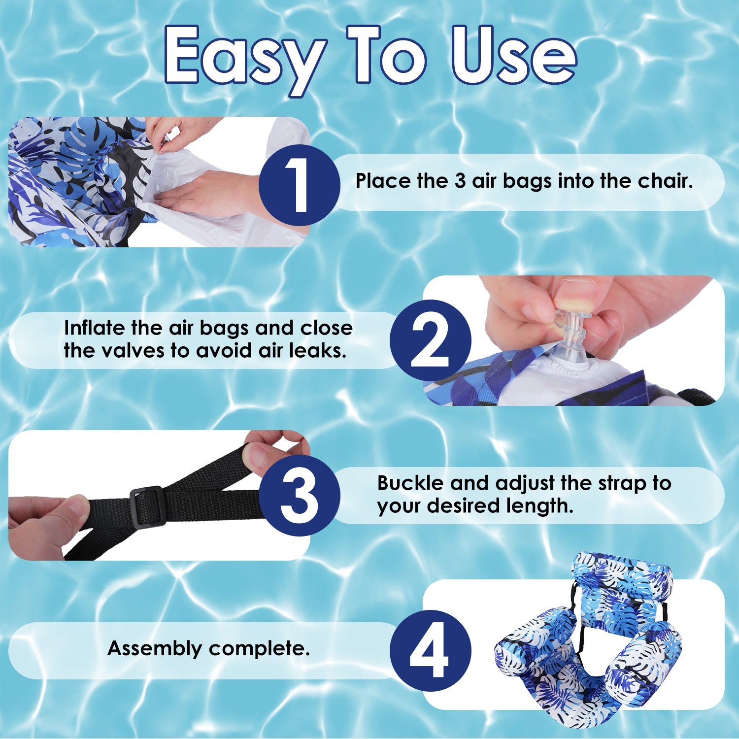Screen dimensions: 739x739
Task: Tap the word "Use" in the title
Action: pyautogui.click(x=514, y=54)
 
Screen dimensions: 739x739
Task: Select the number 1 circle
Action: pyautogui.click(x=299, y=185)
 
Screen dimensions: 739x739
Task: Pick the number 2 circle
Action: pyautogui.click(x=431, y=340)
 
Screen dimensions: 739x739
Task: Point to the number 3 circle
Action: pyautogui.click(x=299, y=495)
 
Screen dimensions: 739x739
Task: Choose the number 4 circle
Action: pyautogui.click(x=431, y=651)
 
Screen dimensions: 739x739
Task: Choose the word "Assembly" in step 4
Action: pyautogui.click(x=155, y=649)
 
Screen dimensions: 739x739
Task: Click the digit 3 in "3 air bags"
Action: pyautogui.click(x=460, y=181)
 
